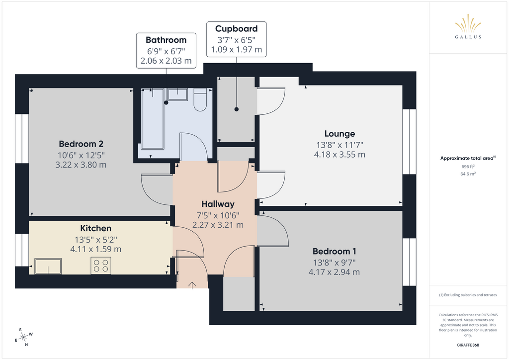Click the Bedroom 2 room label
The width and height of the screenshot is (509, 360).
coord(81,144)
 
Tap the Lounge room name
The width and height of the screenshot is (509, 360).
coord(339,134)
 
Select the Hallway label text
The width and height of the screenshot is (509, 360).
coord(218,204)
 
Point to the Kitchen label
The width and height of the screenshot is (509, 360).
coord(96,228)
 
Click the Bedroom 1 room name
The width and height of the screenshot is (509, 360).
coord(335,251)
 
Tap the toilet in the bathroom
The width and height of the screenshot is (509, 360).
coord(200,99)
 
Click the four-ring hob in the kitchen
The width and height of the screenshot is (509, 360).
coord(101,265)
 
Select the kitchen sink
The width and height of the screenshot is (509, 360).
coord(48,266)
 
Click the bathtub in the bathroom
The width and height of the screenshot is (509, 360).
coord(153,119)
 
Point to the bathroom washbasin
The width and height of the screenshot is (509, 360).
coord(177,94)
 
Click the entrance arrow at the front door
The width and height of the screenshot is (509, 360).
coord(192,285)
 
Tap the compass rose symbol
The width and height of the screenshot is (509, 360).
coord(23,337)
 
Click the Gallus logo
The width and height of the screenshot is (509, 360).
coord(468,26)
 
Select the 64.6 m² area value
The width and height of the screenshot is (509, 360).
coord(468,174)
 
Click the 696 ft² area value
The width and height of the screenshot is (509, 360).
coord(468,167)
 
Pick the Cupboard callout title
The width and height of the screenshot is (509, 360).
coord(236,29)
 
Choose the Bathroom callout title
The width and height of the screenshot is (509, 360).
coord(166,40)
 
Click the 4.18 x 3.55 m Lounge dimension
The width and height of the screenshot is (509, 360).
coord(339,155)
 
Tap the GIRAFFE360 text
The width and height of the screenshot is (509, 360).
coord(468,345)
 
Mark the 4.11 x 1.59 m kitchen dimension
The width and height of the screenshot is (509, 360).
coord(96,249)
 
